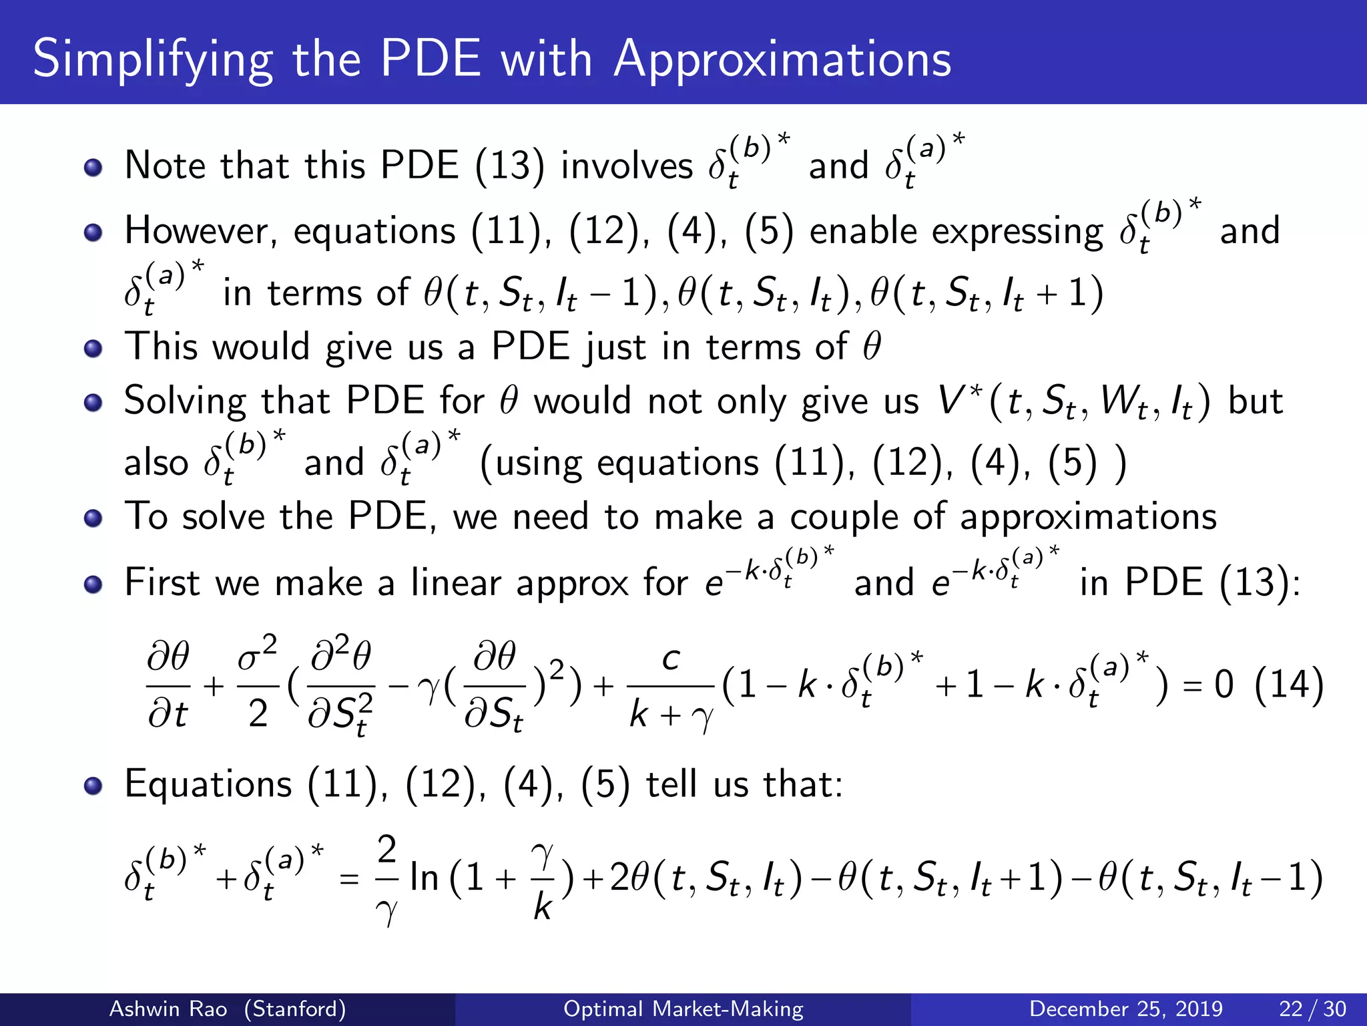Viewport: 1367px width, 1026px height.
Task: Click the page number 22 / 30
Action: point(1312,1009)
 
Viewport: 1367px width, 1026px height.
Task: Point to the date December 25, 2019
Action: point(1126,1009)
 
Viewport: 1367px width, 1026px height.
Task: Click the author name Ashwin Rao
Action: point(168,1009)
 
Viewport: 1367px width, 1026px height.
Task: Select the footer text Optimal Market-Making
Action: point(683,1009)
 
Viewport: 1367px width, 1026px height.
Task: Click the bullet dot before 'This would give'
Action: point(93,348)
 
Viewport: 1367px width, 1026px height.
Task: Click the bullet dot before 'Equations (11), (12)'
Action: point(93,786)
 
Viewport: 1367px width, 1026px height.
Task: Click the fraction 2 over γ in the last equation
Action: point(387,878)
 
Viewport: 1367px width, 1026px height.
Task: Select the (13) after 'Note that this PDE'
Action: point(510,166)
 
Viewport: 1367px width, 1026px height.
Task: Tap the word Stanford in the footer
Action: point(295,1009)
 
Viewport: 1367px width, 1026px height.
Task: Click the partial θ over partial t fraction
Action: point(168,685)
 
